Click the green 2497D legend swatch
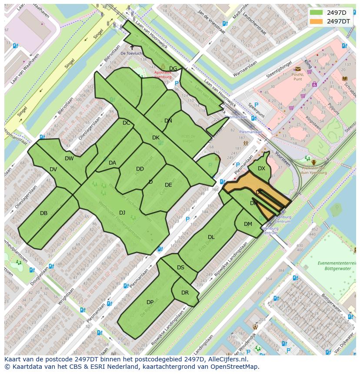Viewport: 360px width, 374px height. [316, 13]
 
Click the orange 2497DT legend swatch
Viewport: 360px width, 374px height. [316, 21]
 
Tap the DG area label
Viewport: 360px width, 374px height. [173, 69]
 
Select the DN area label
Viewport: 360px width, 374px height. [168, 121]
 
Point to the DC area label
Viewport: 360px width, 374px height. [126, 123]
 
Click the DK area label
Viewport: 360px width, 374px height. [156, 138]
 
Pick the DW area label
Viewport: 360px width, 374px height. [69, 159]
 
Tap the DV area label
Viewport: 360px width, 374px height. [53, 169]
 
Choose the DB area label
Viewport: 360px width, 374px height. [43, 213]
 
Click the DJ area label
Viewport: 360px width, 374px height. [122, 212]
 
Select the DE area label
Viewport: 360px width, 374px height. [168, 185]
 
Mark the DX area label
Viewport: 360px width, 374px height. [261, 169]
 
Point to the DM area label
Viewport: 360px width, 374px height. [248, 224]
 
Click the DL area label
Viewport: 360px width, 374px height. [211, 237]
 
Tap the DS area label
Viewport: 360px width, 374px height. [180, 268]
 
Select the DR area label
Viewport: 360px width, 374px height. [185, 293]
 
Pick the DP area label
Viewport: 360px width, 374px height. [150, 302]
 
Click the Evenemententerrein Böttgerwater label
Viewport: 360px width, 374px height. [330, 266]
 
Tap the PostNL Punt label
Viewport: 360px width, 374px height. [298, 76]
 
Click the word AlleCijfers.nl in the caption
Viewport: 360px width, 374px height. [228, 359]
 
